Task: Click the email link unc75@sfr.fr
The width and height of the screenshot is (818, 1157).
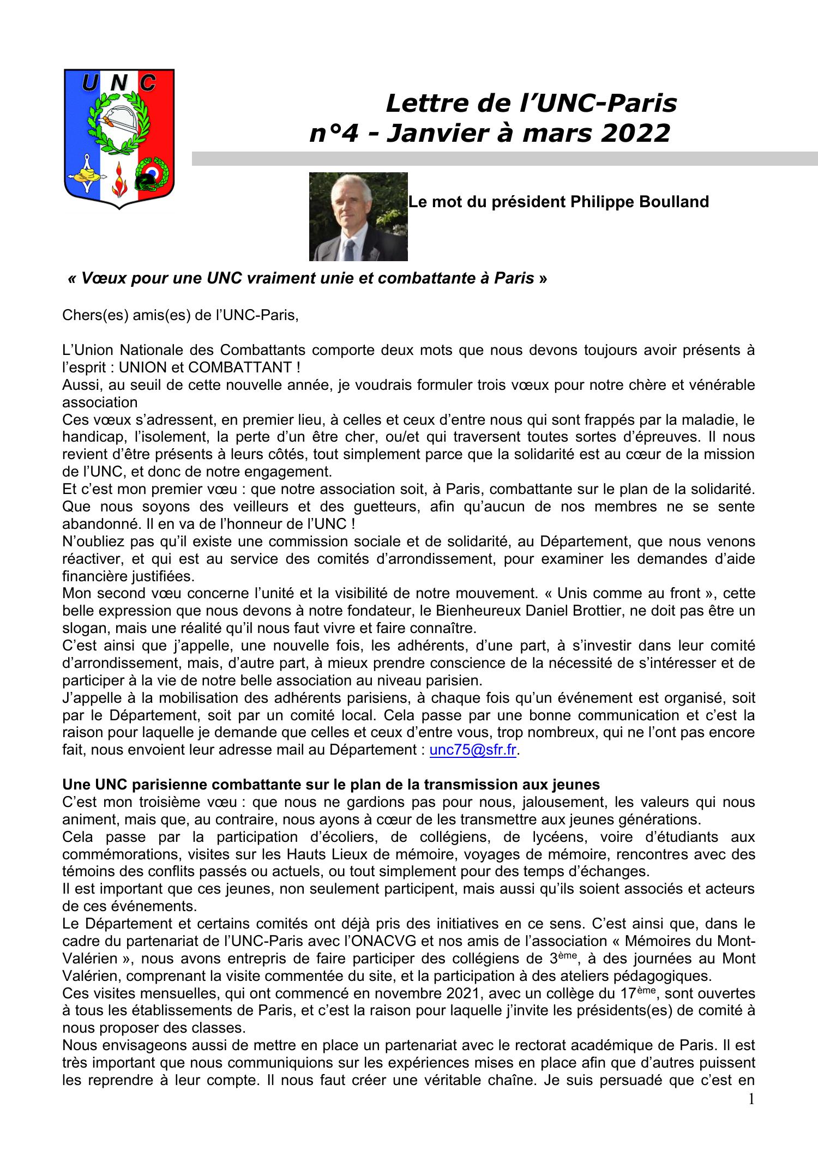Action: (472, 750)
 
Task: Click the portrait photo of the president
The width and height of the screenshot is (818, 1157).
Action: (358, 216)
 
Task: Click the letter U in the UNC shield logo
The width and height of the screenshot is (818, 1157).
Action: (90, 83)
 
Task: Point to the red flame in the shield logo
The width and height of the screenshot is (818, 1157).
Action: (118, 182)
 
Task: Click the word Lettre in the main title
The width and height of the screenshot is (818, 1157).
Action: (419, 103)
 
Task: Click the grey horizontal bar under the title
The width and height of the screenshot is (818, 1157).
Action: (504, 159)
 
